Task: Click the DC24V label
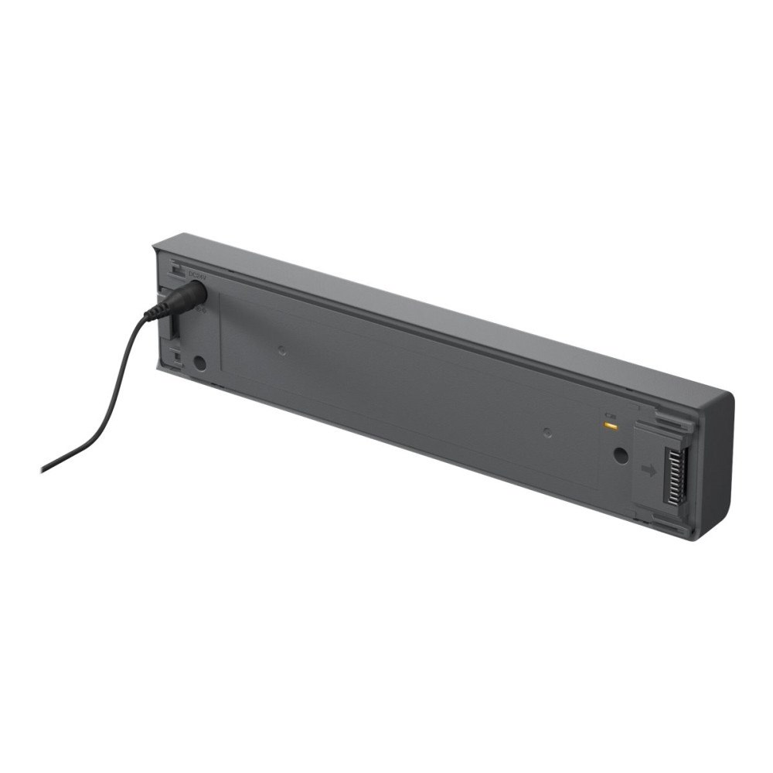pos(197,274)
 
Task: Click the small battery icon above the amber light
pos(610,414)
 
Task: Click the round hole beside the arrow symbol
pos(620,455)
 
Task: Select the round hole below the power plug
pos(199,361)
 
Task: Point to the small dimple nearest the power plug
pos(282,349)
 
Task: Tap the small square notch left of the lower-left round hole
pos(176,358)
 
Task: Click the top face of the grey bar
pos(433,309)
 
